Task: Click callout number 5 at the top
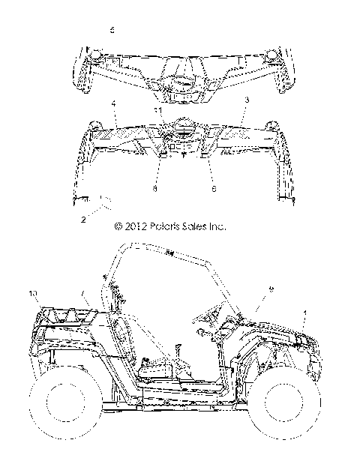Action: pos(112,31)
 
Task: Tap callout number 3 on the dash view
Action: pos(246,98)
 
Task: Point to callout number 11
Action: pos(158,110)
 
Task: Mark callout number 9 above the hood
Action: pos(271,289)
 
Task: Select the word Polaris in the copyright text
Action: pos(164,225)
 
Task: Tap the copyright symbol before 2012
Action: pos(117,225)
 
